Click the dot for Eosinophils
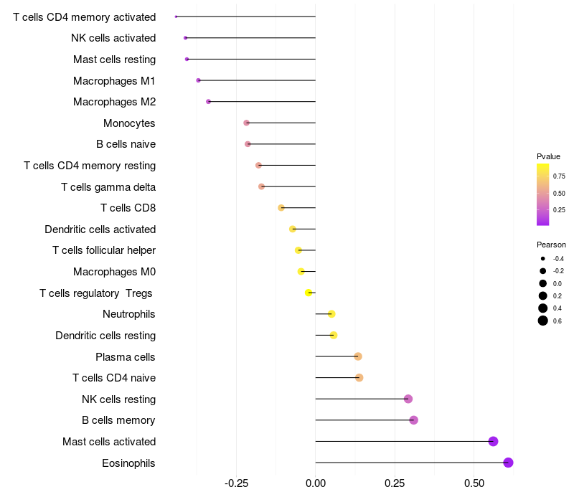(x=508, y=463)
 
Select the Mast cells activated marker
(x=493, y=441)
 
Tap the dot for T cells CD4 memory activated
(x=176, y=16)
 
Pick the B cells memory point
(x=414, y=420)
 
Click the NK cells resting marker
(x=408, y=399)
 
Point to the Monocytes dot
(x=246, y=123)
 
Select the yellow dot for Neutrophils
(x=331, y=314)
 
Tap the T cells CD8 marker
(x=281, y=208)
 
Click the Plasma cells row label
(x=125, y=356)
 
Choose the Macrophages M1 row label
(x=114, y=80)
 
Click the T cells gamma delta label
(x=108, y=187)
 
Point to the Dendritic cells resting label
(x=105, y=336)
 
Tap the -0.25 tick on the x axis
(x=237, y=483)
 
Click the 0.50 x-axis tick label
(x=474, y=483)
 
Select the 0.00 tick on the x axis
(x=316, y=483)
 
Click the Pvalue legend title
(x=548, y=156)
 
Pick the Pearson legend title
(x=551, y=245)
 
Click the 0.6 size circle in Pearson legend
(x=543, y=321)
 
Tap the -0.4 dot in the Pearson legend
(x=543, y=259)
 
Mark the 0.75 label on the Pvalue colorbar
(x=559, y=176)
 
